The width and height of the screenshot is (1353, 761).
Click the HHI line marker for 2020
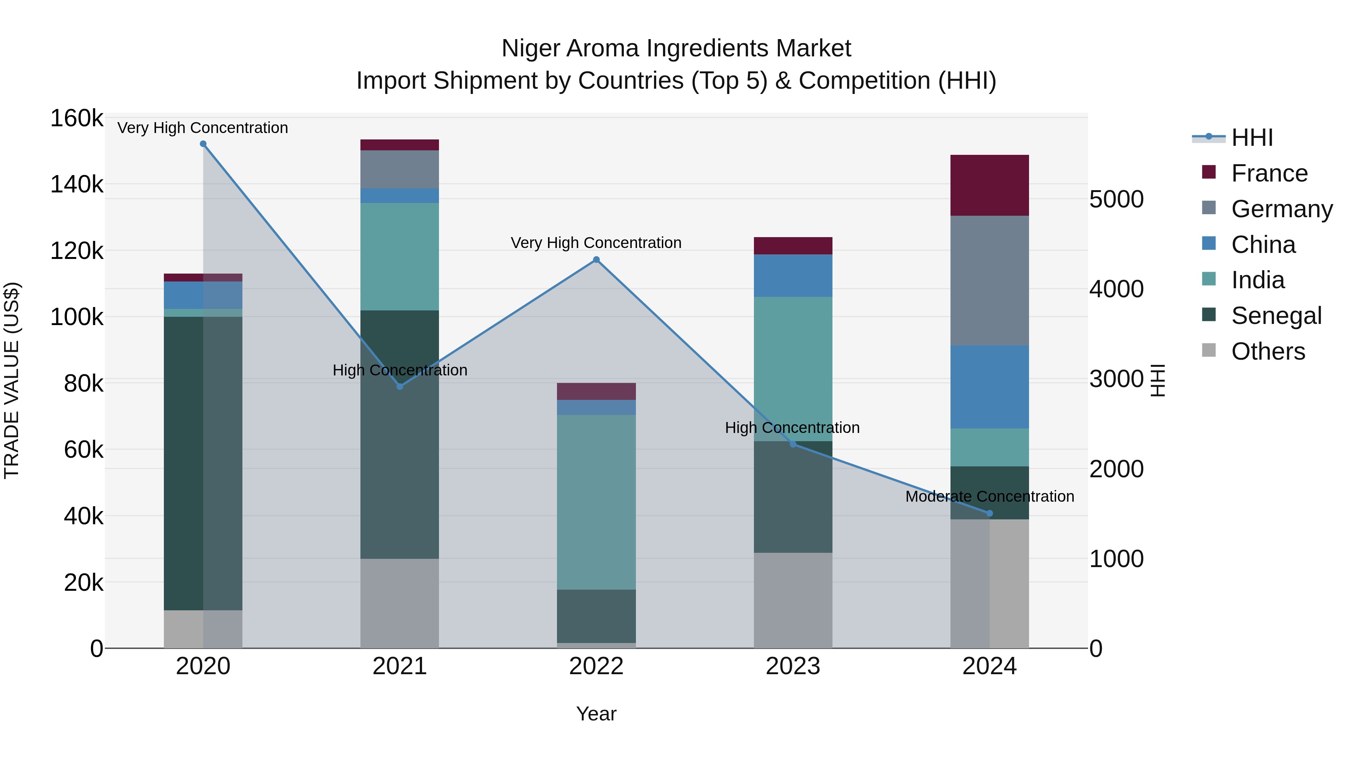pos(203,144)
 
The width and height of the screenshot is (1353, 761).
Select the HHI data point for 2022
pos(596,259)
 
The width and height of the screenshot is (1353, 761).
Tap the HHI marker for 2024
pos(990,513)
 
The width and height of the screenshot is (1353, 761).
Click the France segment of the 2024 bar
pos(990,185)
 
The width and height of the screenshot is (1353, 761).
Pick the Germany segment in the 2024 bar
pos(990,280)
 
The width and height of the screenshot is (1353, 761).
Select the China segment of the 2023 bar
pos(793,276)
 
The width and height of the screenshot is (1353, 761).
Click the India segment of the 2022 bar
pos(596,502)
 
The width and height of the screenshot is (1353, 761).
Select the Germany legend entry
pos(1281,209)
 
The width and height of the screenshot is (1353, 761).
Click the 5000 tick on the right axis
pos(1117,199)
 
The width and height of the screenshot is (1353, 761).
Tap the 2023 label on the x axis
pos(793,666)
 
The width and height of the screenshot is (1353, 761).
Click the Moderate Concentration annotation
pos(990,496)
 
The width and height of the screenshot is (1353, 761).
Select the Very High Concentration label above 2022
pos(596,243)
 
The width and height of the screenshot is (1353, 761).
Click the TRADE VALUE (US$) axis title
pos(12,380)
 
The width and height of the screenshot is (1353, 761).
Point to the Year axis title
pos(596,714)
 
